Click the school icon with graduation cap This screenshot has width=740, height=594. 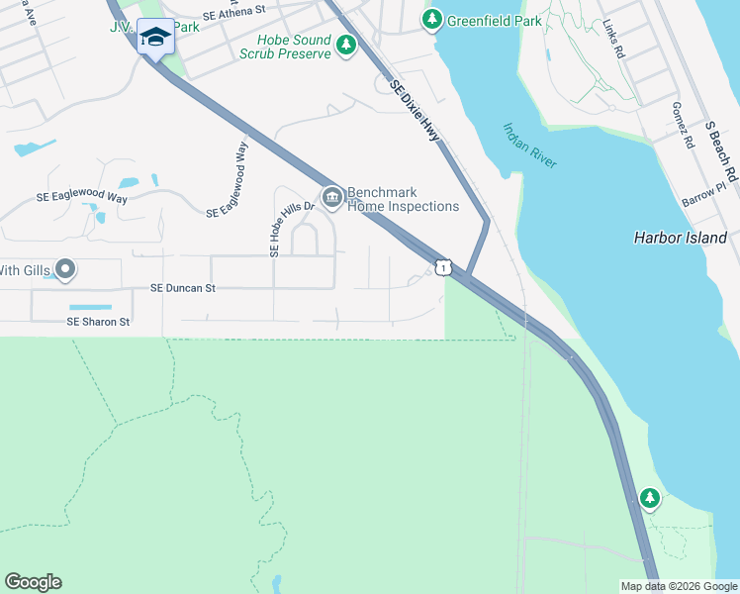pos(154,38)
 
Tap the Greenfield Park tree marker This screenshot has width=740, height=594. pos(431,19)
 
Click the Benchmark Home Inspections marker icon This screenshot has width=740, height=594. pos(331,198)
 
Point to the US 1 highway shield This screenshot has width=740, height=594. pos(444,267)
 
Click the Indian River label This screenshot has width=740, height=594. pos(530,146)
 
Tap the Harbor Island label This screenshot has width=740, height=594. pos(680,238)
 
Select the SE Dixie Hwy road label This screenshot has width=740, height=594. pos(415,110)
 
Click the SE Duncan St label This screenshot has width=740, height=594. pos(183,288)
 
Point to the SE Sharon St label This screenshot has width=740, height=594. pos(98,322)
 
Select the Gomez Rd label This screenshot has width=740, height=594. pos(682,125)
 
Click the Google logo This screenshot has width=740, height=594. pos(33,582)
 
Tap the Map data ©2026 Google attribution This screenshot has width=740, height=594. pos(679,586)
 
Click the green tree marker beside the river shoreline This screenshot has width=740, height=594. pos(650,498)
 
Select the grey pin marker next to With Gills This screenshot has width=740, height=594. pos(65,268)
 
